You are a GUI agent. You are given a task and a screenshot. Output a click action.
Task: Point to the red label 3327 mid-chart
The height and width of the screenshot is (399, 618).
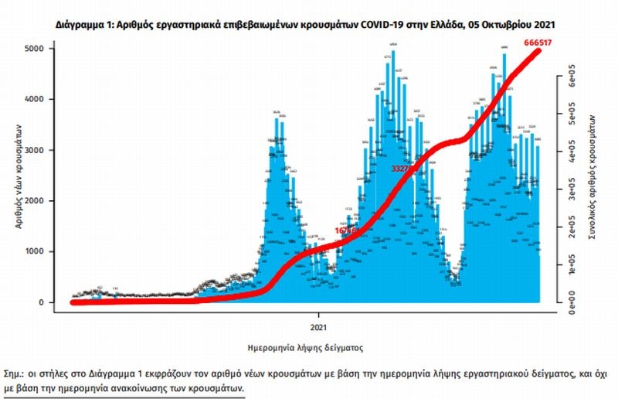(x=405, y=166)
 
